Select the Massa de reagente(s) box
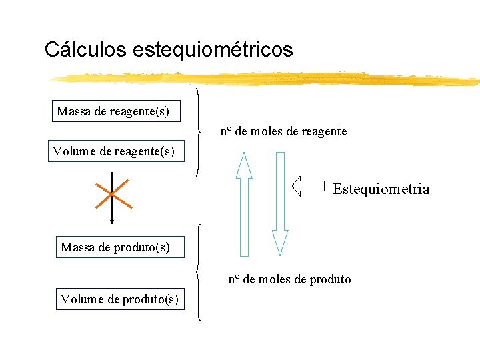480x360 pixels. pyautogui.click(x=117, y=111)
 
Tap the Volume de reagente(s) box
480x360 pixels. pyautogui.click(x=114, y=152)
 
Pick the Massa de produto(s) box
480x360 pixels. pyautogui.click(x=115, y=247)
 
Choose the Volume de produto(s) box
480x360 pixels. pyautogui.click(x=119, y=299)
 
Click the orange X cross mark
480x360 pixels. pyautogui.click(x=111, y=193)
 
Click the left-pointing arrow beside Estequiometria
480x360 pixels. pyautogui.click(x=309, y=186)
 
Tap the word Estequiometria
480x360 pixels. pyautogui.click(x=381, y=189)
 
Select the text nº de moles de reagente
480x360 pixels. pyautogui.click(x=283, y=131)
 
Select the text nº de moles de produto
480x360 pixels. pyautogui.click(x=289, y=279)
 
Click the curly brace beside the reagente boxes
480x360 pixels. pyautogui.click(x=199, y=131)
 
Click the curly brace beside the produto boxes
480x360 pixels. pyautogui.click(x=199, y=272)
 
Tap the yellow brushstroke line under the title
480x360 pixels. pyautogui.click(x=267, y=79)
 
